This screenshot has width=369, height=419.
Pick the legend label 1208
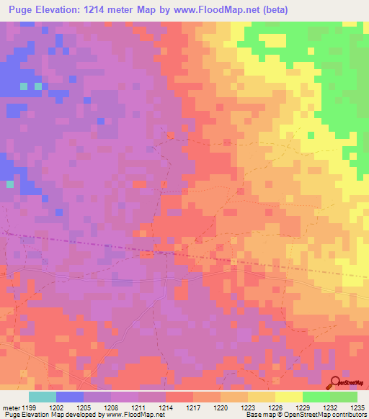112,408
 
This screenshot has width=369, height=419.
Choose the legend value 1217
193,408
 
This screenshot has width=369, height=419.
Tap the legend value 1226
275,408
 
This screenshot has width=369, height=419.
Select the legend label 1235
356,408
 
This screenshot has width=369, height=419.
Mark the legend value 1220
221,408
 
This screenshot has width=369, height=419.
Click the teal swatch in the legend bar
43,397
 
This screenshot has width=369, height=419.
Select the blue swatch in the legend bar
70,397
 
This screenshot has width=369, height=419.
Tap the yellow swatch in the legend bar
288,397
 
